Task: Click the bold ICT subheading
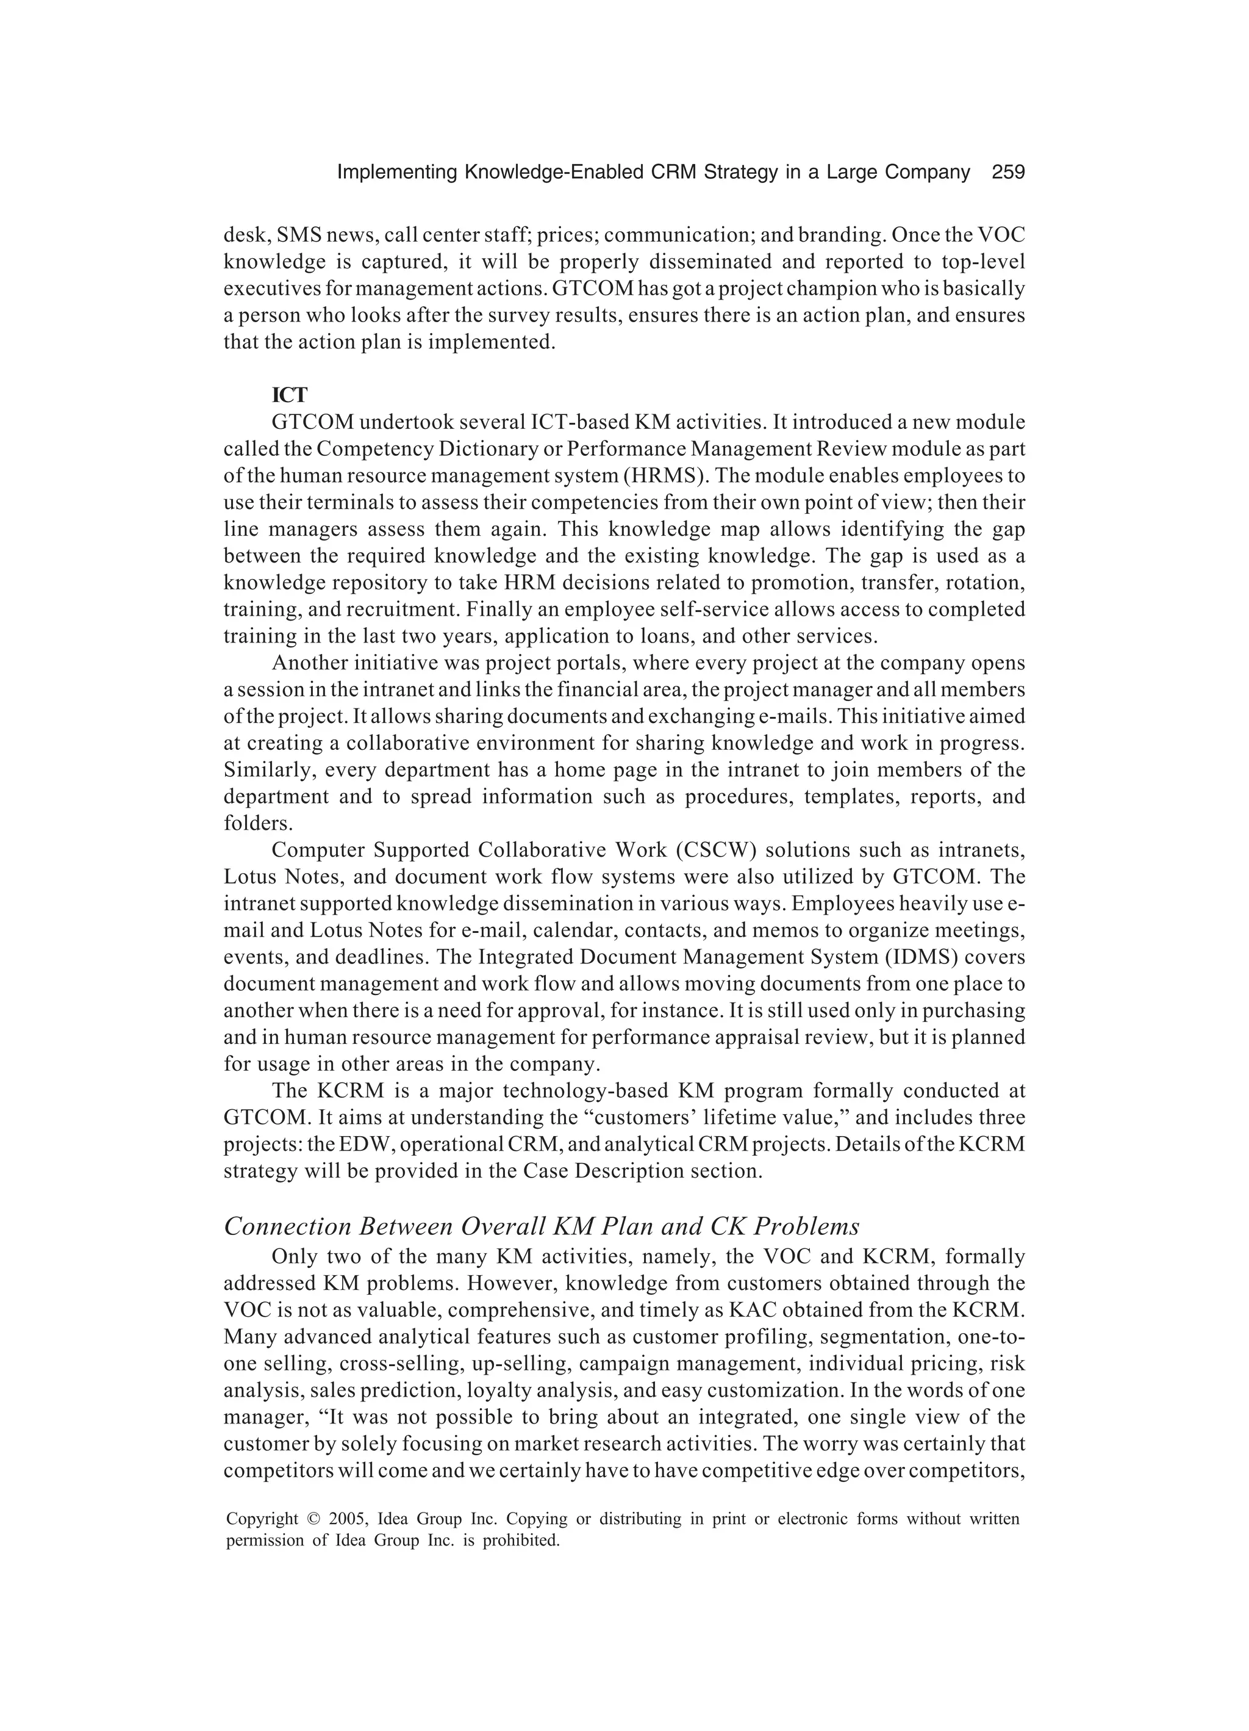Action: [x=290, y=395]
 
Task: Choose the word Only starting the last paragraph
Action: [x=294, y=1256]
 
